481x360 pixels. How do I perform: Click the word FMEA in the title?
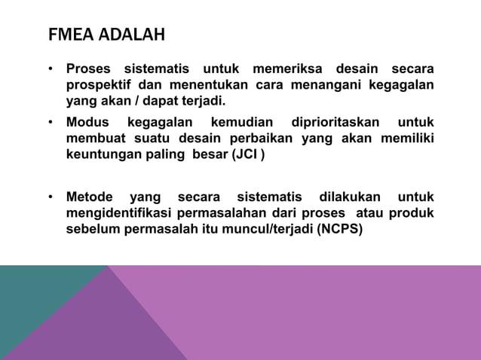(69, 36)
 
